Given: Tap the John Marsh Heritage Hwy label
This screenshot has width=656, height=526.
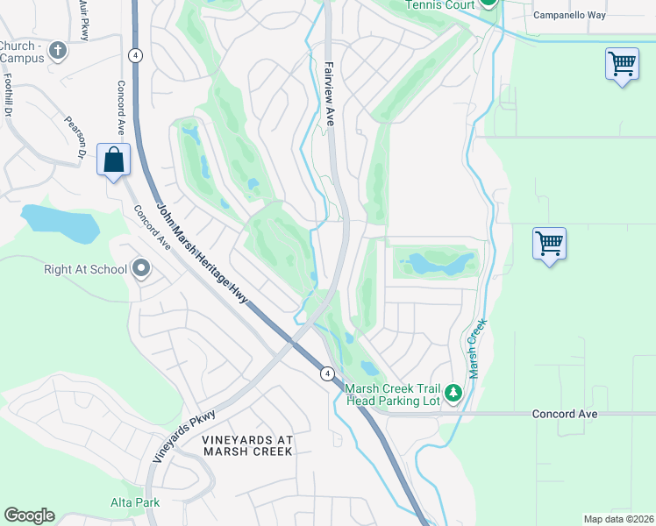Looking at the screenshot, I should [203, 255].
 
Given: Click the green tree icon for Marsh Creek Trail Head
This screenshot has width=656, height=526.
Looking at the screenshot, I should [453, 394].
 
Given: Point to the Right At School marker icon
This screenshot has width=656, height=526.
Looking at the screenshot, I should [142, 269].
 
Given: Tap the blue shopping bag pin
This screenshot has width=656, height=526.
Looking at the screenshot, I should [113, 160].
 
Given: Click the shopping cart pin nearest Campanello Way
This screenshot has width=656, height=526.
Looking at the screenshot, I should [621, 64].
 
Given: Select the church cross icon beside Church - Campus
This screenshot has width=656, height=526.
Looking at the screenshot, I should [59, 51].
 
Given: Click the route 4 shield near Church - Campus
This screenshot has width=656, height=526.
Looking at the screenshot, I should [134, 54].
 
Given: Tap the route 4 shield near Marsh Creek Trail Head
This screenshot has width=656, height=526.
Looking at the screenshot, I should [326, 373].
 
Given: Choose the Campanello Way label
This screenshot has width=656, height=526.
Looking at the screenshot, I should [571, 15].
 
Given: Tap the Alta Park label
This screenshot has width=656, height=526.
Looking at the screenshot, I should [133, 502].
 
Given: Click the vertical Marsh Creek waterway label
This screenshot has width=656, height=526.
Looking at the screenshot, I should [476, 349].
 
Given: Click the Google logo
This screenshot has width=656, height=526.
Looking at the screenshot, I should [29, 515].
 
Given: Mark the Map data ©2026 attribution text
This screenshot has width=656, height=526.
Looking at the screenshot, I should [617, 519].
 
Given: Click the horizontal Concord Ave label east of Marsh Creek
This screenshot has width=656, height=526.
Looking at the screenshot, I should [564, 414].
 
